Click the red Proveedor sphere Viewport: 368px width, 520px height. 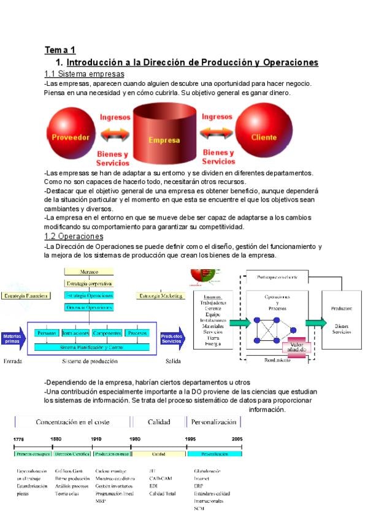point(71,136)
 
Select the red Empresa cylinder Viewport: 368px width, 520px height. point(164,137)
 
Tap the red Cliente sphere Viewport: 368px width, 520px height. point(264,136)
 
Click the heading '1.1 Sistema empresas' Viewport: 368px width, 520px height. point(85,74)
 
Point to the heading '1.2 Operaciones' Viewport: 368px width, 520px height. point(74,236)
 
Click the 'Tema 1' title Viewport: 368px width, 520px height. point(59,50)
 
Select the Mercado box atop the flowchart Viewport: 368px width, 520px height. point(89,272)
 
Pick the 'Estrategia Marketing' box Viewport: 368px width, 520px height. point(161,296)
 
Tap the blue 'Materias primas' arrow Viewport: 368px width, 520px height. point(13,338)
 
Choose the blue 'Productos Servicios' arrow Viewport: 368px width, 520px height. point(172,338)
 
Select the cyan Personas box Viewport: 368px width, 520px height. point(47,333)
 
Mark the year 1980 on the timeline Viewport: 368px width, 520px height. point(135,439)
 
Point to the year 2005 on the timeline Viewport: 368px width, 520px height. point(237,439)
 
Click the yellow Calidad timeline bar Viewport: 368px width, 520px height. point(158,454)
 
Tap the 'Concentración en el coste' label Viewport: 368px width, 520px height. point(72,422)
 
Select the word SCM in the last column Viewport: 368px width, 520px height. point(199,508)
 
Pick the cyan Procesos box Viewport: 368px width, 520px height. point(137,333)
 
